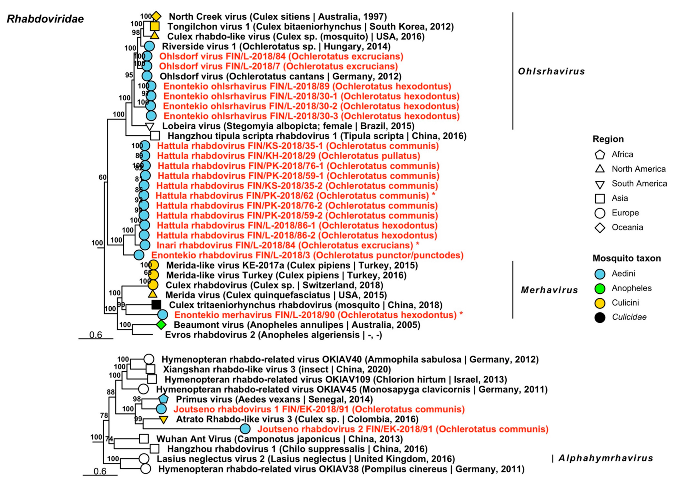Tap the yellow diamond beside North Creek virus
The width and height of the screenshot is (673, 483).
156,16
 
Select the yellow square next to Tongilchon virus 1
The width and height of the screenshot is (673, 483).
155,26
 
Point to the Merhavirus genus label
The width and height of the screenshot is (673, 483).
549,290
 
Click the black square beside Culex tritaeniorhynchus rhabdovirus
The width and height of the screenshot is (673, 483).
156,304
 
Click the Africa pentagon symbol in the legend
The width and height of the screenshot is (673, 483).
600,154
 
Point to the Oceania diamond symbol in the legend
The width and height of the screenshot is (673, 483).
600,228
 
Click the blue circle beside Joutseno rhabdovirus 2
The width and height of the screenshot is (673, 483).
245,429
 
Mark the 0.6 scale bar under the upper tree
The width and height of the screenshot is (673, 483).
96,338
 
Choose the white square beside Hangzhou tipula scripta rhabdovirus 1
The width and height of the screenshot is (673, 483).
155,136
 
